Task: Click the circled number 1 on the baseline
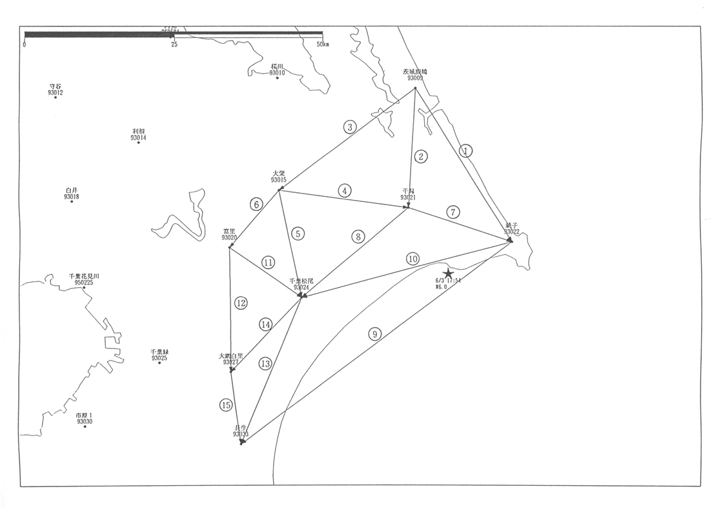click(x=466, y=151)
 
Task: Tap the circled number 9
click(x=374, y=334)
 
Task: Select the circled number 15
click(x=225, y=405)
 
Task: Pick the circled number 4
click(x=345, y=190)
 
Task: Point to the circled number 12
click(x=241, y=303)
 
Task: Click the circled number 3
click(x=350, y=126)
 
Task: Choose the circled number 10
click(x=413, y=259)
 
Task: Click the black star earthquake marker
click(x=448, y=274)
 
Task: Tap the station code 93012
click(x=56, y=92)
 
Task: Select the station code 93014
click(x=138, y=137)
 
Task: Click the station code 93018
click(x=72, y=197)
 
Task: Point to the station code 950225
click(x=84, y=282)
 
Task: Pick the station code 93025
click(x=159, y=358)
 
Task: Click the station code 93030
click(x=85, y=421)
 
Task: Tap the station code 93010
click(x=278, y=73)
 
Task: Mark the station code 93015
click(x=279, y=179)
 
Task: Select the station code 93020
click(x=230, y=237)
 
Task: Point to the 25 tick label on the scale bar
click(x=174, y=44)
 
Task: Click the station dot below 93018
click(x=72, y=202)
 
